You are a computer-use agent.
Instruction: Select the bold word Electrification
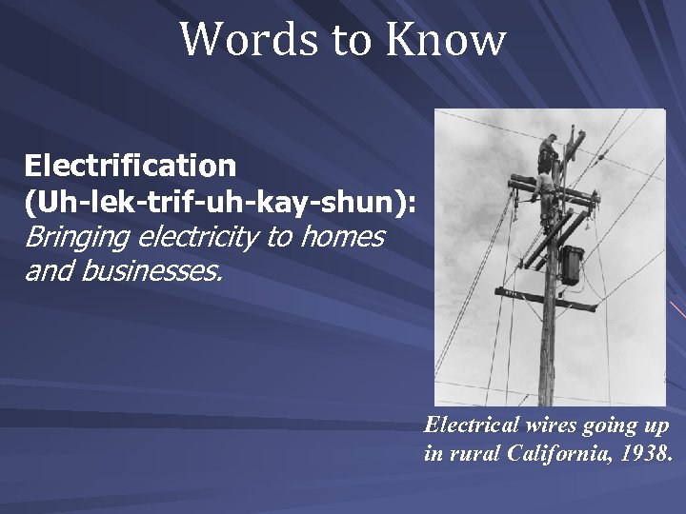(x=131, y=166)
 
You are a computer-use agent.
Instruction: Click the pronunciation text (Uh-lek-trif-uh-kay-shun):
(x=220, y=201)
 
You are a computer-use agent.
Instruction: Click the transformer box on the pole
(x=571, y=266)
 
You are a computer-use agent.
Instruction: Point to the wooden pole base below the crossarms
(x=547, y=362)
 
